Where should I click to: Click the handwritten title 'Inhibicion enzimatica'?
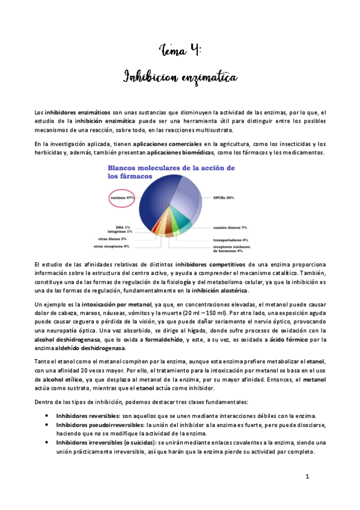point(180,77)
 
